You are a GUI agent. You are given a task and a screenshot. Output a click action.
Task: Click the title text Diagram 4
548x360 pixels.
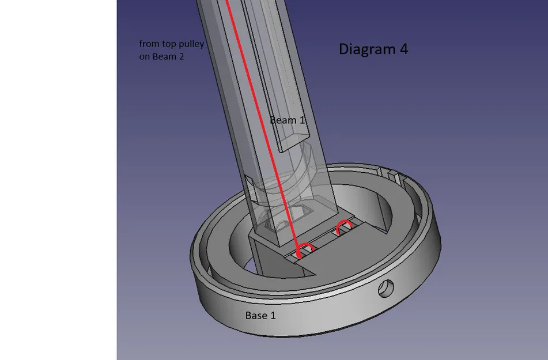[373, 50]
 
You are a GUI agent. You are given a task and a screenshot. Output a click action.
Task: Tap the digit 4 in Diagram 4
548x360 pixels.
[403, 50]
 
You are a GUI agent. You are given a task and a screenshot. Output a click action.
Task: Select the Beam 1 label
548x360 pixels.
[287, 120]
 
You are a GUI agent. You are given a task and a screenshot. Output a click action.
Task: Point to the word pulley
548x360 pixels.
[190, 44]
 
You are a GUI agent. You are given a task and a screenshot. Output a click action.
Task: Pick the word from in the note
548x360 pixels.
[148, 44]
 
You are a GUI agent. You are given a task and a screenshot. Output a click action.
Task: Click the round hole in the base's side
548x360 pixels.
[384, 288]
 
